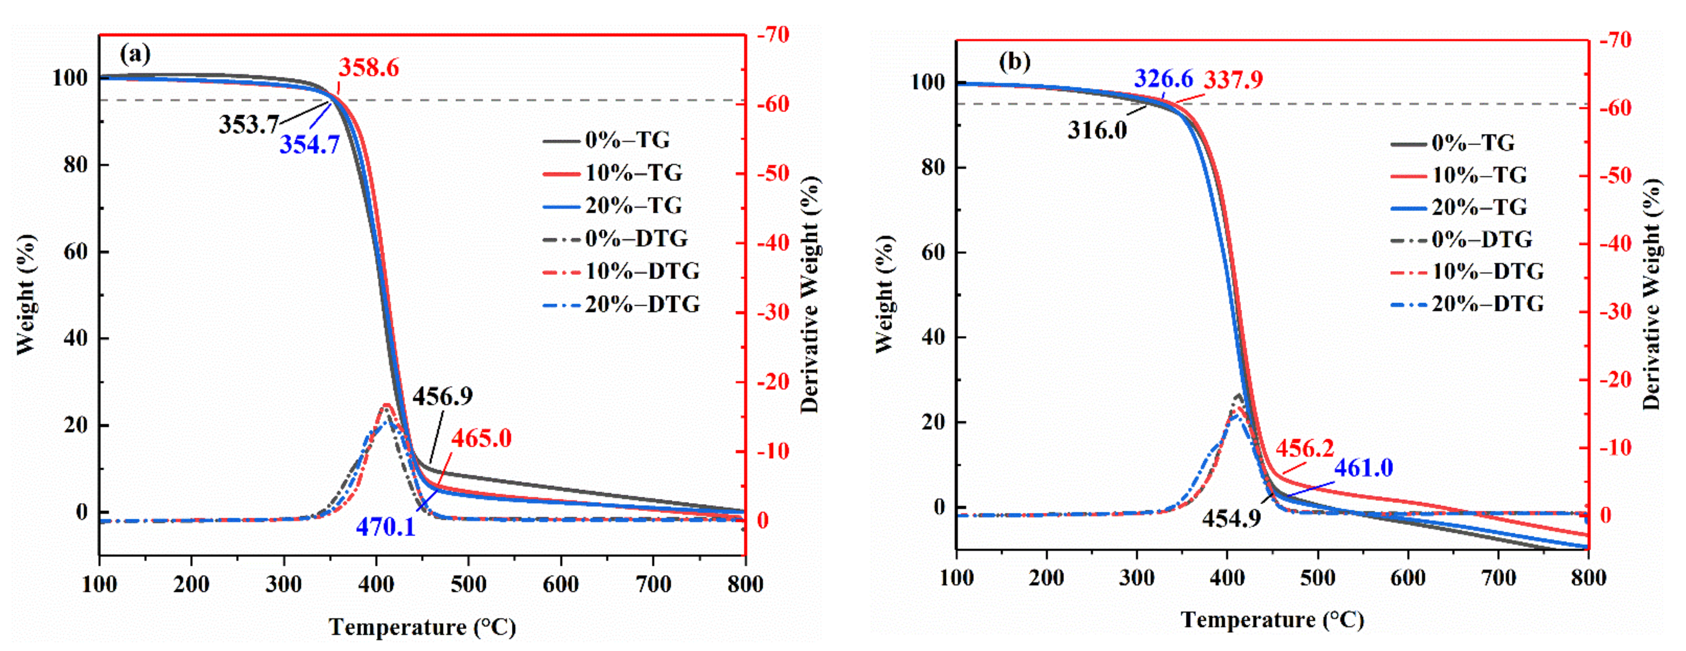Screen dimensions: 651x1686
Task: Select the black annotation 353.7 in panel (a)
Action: [x=249, y=124]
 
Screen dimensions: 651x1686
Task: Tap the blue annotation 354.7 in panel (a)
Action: [x=310, y=144]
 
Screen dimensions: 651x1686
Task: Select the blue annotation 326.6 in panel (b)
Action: [x=1163, y=79]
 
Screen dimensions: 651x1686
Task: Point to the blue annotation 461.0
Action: [x=1363, y=468]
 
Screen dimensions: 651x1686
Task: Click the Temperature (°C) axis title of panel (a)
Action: [x=422, y=627]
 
